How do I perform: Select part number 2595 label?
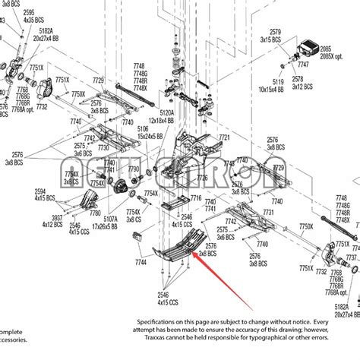coord(28,12)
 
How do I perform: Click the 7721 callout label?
coord(223,137)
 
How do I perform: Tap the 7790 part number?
coord(134,169)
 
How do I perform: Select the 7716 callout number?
coord(196,197)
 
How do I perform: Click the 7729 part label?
coord(98,81)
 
